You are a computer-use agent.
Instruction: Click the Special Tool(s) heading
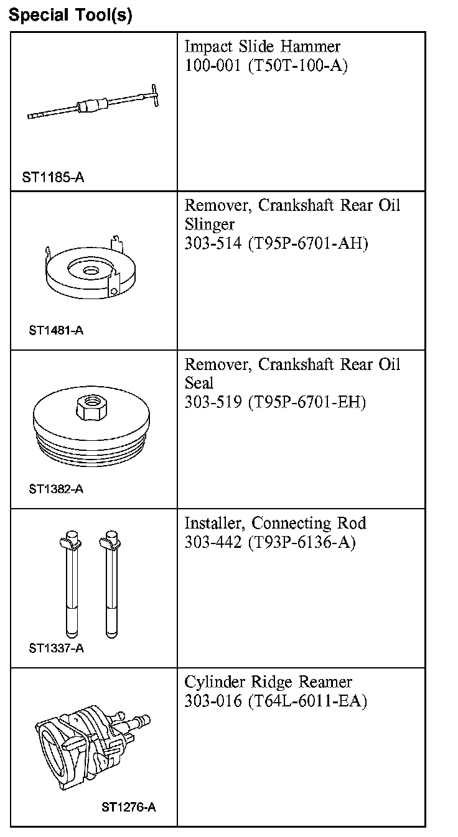pos(70,15)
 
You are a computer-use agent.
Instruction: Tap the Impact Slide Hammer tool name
pos(263,47)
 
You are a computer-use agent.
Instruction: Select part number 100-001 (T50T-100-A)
pos(266,66)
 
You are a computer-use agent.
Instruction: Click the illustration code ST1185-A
pos(54,178)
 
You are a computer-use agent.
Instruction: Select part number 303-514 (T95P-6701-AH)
pos(276,244)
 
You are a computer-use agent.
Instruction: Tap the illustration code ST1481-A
pos(56,330)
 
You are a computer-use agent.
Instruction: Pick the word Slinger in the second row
pos(209,224)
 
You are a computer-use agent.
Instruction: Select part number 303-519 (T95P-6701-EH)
pos(275,403)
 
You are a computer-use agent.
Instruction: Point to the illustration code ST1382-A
pos(56,489)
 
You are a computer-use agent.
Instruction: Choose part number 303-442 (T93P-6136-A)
pos(269,543)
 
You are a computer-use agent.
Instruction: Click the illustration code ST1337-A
pos(56,649)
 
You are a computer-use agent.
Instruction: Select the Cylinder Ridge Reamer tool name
pos(268,682)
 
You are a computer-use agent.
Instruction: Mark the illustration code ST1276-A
pos(129,808)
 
